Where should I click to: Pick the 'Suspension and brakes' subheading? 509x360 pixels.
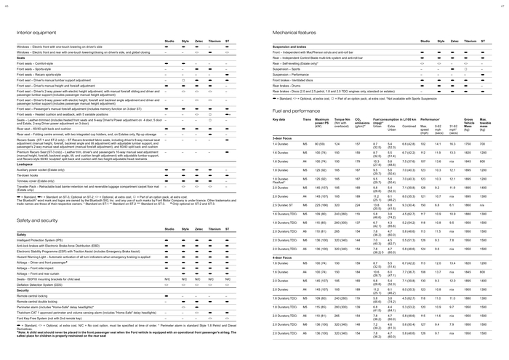(x=290, y=47)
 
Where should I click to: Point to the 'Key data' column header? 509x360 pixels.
(x=279, y=119)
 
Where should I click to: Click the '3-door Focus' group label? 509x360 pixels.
(x=283, y=137)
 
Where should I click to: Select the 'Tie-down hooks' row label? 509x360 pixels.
(x=31, y=175)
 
